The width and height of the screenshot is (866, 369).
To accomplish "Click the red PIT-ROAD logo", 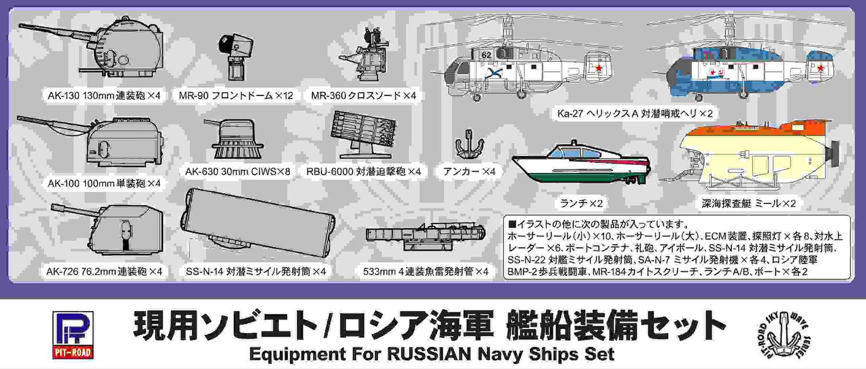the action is [x=73, y=335].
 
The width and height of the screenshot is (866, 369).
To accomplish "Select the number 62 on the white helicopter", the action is [x=486, y=54].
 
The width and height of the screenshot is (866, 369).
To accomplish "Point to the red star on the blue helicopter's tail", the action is [x=820, y=68].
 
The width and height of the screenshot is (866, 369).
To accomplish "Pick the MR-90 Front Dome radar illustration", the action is [x=235, y=56].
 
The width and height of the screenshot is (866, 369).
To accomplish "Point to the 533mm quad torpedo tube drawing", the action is [x=425, y=236].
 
